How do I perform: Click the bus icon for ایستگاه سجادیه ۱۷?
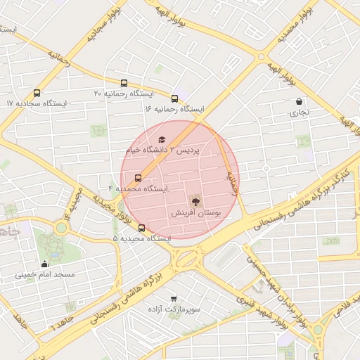37,92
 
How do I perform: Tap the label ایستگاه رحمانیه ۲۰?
124,93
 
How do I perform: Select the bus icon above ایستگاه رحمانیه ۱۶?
174,98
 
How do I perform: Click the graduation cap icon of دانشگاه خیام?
162,140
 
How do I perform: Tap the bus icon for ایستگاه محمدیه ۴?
138,178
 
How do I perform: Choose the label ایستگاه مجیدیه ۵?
141,239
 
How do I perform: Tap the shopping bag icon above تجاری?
300,101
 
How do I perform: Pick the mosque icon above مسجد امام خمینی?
45,264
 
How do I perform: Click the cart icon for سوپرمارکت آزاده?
174,298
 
